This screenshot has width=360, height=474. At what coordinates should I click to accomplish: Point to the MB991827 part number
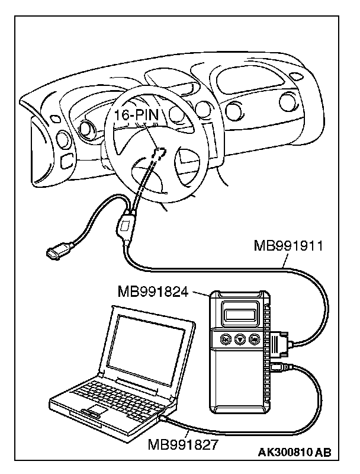182,442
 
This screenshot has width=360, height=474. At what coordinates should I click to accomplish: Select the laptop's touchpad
95,411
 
